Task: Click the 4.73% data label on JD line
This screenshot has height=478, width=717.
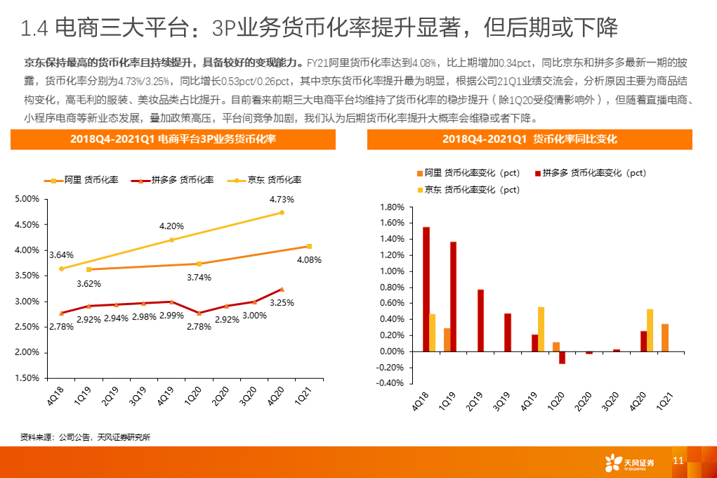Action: pos(281,200)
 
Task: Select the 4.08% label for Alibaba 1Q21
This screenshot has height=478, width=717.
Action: pos(310,259)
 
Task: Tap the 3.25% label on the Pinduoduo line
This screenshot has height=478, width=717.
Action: pos(282,303)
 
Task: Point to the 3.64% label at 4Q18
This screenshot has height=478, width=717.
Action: pos(61,254)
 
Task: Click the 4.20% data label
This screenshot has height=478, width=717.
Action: pos(171,226)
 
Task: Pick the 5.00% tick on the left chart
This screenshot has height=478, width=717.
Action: pos(26,199)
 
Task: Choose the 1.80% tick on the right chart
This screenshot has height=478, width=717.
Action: pos(392,207)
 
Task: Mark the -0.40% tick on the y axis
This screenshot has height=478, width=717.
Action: pos(391,384)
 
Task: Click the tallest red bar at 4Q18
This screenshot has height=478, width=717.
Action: pos(426,289)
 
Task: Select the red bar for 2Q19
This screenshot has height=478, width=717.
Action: pos(480,321)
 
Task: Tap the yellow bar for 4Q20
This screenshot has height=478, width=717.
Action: pos(650,330)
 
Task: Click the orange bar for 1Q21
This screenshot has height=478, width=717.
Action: pos(664,337)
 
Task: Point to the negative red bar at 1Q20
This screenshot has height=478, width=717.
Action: pos(562,358)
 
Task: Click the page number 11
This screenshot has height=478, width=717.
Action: pos(678,460)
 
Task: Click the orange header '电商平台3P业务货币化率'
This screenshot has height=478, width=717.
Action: pos(173,140)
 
